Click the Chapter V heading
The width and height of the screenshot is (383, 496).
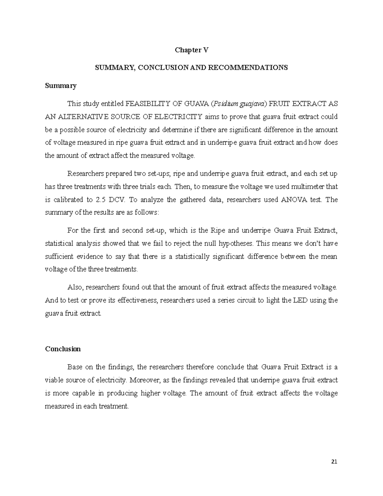191,50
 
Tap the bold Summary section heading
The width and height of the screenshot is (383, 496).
61,86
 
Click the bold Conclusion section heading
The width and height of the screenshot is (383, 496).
63,349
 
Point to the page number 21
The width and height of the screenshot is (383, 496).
334,462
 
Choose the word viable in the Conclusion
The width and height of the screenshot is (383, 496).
53,380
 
